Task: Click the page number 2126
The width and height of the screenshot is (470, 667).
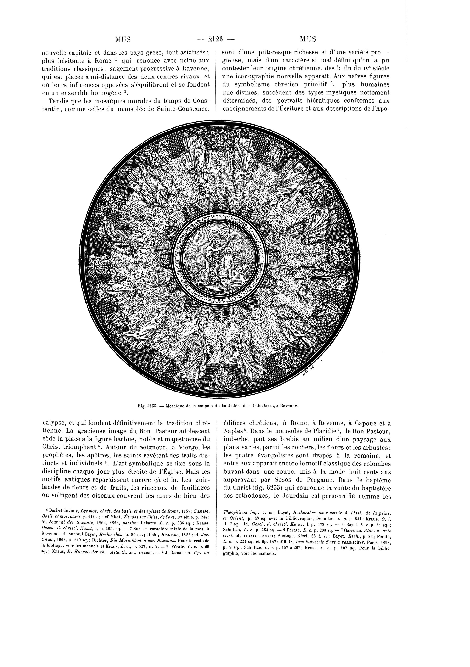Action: pyautogui.click(x=215, y=39)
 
